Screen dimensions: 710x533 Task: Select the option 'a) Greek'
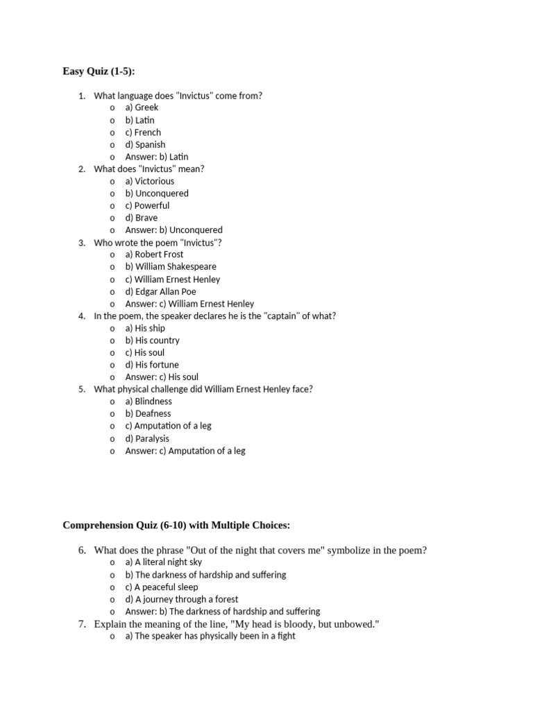[142, 107]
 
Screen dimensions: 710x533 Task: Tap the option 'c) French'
[143, 132]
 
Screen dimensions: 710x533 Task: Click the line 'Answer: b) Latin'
[156, 157]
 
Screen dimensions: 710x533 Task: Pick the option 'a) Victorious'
[150, 181]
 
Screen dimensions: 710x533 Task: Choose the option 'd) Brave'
[142, 218]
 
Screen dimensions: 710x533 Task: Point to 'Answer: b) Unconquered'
[174, 230]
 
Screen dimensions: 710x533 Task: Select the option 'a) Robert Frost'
[154, 254]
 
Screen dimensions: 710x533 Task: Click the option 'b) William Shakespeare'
[171, 266]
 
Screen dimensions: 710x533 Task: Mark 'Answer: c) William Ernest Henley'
[189, 304]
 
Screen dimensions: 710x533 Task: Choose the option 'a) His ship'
[145, 328]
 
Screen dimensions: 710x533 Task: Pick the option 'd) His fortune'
[152, 365]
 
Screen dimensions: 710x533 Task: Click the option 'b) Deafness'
[148, 413]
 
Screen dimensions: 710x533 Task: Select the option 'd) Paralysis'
[147, 438]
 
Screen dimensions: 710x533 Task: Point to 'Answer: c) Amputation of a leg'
[185, 451]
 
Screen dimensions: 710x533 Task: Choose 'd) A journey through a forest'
[181, 599]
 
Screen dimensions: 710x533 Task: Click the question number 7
[82, 625]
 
